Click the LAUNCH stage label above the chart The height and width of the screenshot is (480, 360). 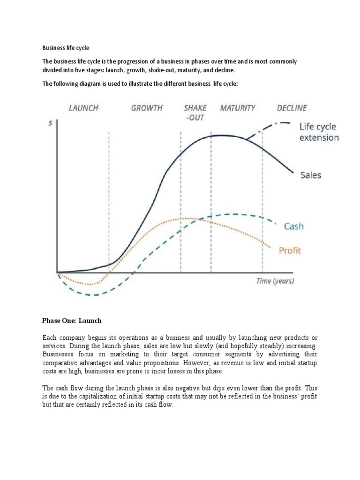(x=83, y=108)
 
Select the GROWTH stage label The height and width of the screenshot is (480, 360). (x=147, y=108)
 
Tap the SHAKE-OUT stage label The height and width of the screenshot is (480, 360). (x=195, y=112)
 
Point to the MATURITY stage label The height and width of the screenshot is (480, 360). (x=238, y=108)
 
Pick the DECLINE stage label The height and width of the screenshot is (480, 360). (x=292, y=108)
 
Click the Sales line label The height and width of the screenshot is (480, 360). (x=310, y=175)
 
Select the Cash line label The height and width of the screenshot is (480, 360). (x=294, y=226)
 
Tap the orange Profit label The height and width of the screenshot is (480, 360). (x=290, y=250)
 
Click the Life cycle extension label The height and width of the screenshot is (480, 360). (x=319, y=132)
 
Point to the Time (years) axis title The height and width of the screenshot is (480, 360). (x=275, y=281)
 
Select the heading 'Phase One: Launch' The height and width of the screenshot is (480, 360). (x=72, y=321)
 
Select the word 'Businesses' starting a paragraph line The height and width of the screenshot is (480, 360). (x=58, y=355)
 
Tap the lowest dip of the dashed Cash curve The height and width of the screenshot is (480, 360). (x=94, y=295)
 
